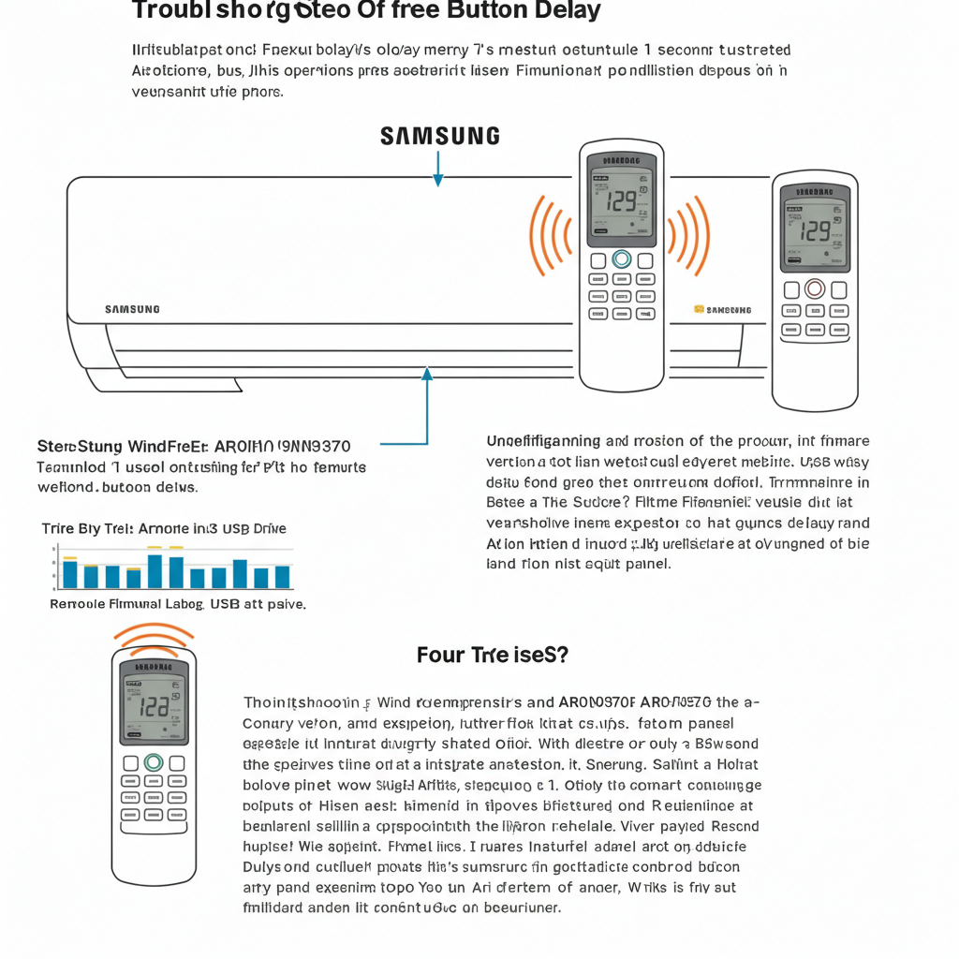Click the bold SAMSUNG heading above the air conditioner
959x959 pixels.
[439, 137]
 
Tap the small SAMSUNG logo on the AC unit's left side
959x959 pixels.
[131, 309]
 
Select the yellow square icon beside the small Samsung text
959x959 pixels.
[699, 308]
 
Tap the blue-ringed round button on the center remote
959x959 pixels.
[621, 258]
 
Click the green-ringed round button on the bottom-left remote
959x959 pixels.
[154, 762]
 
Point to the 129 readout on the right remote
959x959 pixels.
[815, 229]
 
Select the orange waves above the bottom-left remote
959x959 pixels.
[153, 639]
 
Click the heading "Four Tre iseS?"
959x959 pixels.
[492, 655]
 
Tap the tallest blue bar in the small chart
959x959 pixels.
[155, 570]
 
